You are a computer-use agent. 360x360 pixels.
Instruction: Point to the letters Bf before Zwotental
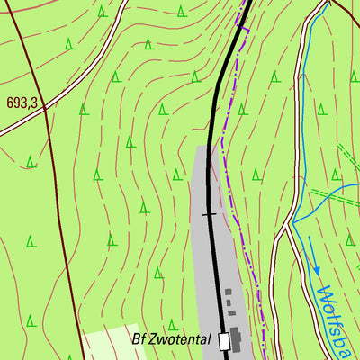(139, 340)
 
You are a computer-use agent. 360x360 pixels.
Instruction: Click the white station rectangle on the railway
(223, 340)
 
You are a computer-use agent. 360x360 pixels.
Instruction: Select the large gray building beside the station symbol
(237, 338)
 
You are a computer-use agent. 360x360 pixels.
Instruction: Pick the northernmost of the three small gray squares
(228, 292)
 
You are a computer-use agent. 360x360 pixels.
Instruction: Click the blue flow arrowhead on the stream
(316, 269)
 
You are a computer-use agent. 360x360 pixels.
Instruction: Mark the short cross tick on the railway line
(210, 214)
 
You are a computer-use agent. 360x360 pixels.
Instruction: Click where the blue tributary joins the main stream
(294, 220)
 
